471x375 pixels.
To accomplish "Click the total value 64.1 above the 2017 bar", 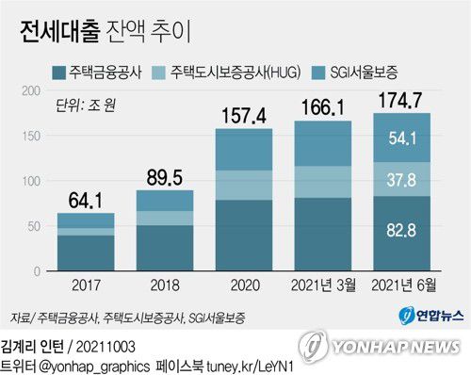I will click(x=86, y=199).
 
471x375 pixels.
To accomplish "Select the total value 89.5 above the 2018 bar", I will click(x=165, y=175).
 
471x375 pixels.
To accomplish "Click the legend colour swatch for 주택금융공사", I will click(x=58, y=71).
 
